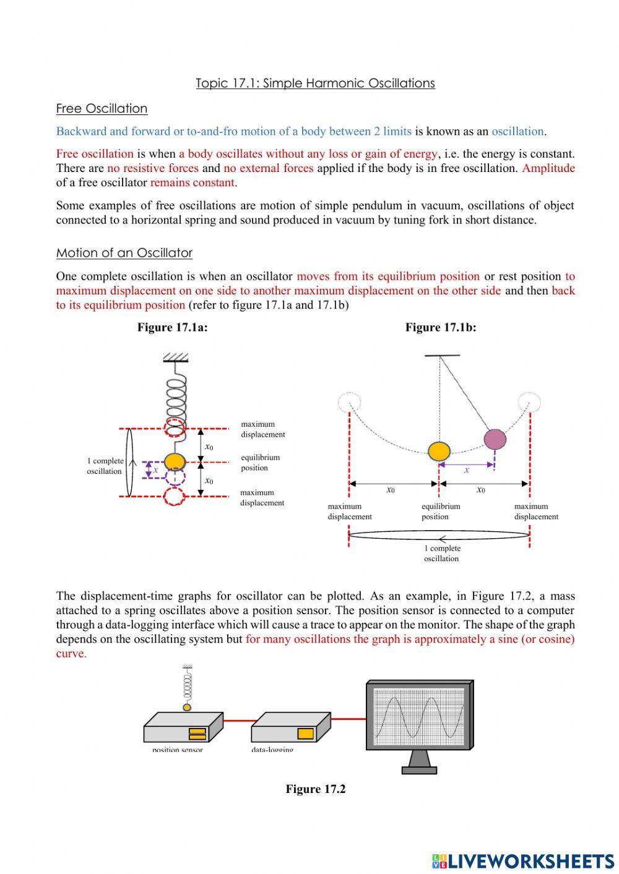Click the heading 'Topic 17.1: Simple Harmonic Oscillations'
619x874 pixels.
(x=315, y=84)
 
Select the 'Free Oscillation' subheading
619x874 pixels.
(x=102, y=109)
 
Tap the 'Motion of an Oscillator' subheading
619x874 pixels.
(x=124, y=253)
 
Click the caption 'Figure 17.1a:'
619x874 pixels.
(x=172, y=328)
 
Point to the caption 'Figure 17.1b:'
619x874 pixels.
(x=441, y=328)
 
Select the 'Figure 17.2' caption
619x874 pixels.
(x=315, y=789)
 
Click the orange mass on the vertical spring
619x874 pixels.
(x=175, y=461)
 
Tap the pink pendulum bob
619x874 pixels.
(x=495, y=439)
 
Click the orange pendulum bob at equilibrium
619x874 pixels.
(x=439, y=451)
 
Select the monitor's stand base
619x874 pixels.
(x=419, y=770)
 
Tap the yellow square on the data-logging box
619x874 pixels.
(x=305, y=734)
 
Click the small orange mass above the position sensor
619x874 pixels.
(x=187, y=707)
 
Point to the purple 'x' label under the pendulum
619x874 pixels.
(x=467, y=470)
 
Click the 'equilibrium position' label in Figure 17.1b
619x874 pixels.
(x=440, y=512)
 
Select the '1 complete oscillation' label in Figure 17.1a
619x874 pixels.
(x=105, y=466)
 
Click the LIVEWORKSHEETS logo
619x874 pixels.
(x=523, y=860)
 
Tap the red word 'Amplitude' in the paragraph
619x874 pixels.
(x=548, y=168)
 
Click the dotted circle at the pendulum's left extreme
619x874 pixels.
(x=349, y=403)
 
